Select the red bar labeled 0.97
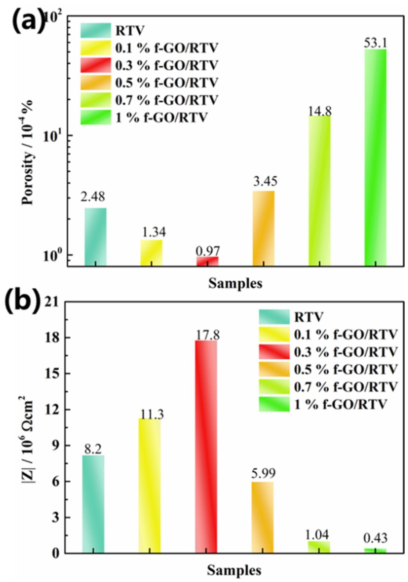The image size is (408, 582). coord(207,261)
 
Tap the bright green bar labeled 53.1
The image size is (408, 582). coord(375,157)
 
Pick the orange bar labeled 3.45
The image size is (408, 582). coord(264,228)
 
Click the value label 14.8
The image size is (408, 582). coord(319,111)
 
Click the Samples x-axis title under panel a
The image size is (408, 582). coord(235,284)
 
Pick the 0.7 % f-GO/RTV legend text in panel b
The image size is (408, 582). coord(345,387)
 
